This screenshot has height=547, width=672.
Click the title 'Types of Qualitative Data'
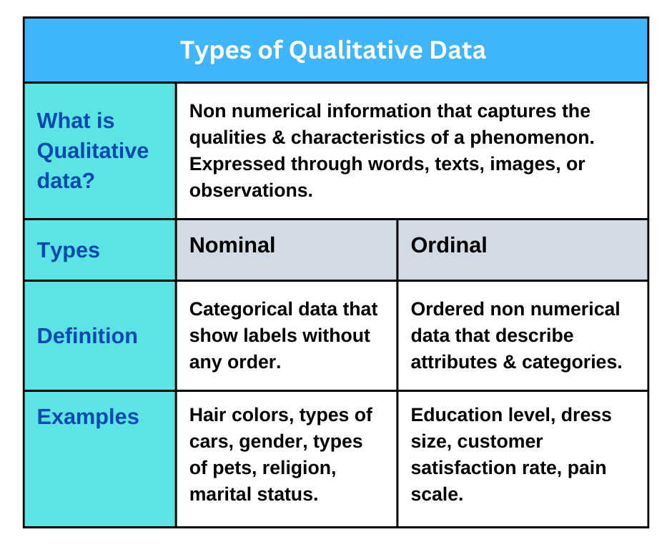click(x=332, y=50)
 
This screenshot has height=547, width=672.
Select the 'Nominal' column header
click(x=232, y=245)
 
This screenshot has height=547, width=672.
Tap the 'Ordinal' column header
click(x=449, y=245)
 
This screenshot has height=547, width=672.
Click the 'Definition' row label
click(x=87, y=336)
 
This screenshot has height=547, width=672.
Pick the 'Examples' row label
click(x=88, y=417)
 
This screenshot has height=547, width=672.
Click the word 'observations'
click(x=251, y=190)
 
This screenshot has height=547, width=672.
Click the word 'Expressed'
click(x=237, y=164)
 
